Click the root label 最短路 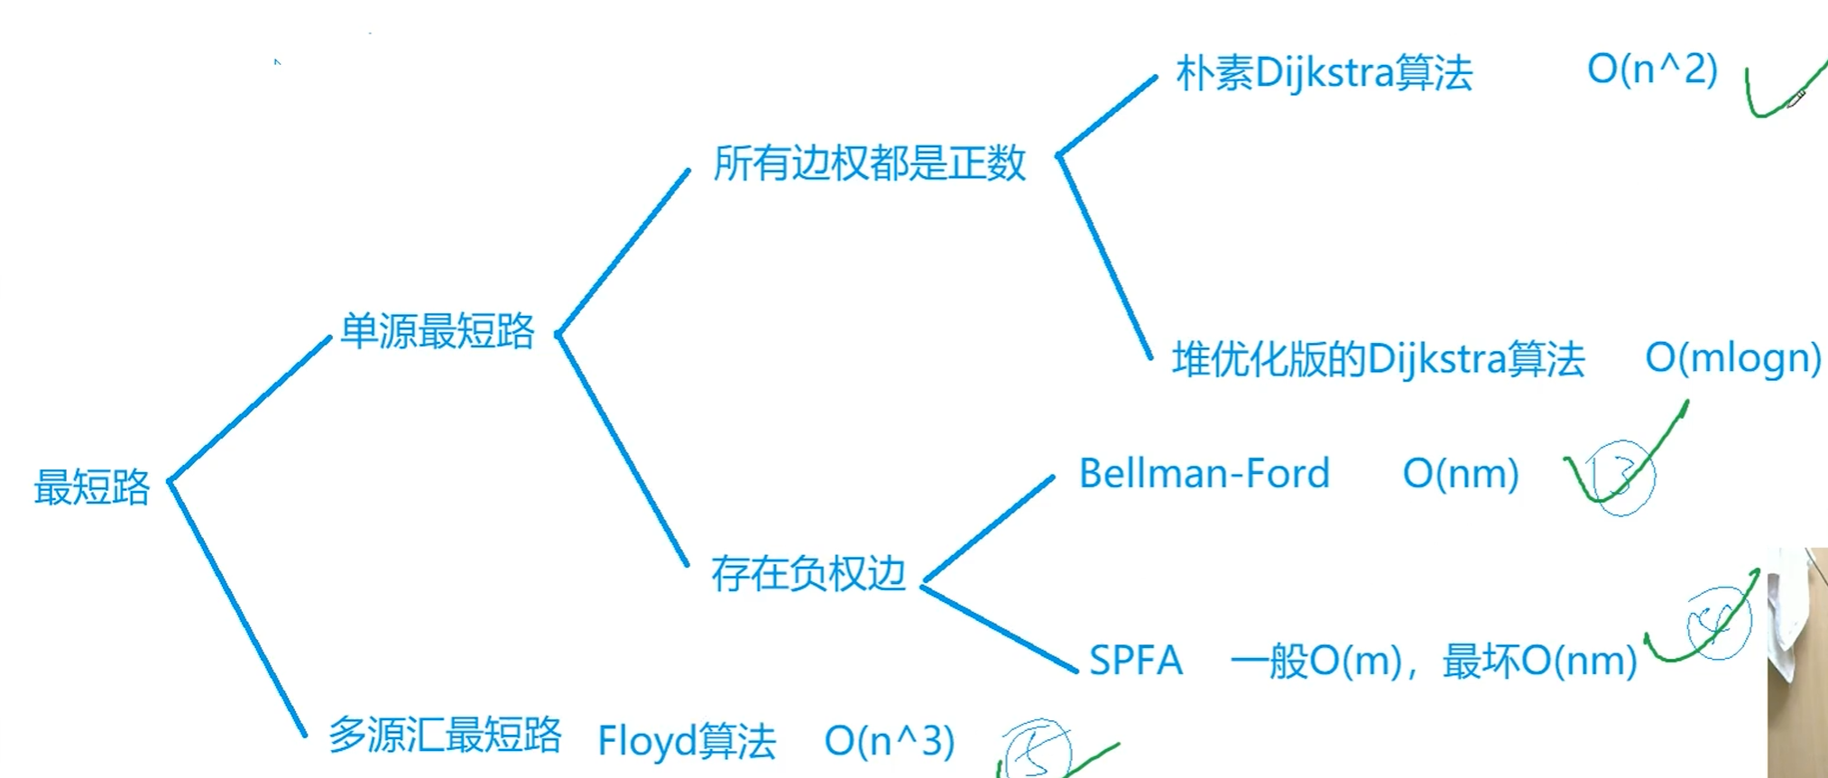point(92,487)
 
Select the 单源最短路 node point(438,331)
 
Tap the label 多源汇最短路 point(445,735)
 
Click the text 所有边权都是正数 point(869,163)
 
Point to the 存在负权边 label point(808,573)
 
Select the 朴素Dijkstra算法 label point(1324,72)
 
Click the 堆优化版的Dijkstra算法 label point(1378,359)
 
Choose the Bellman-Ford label point(1205,474)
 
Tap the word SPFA point(1135,661)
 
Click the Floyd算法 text point(687,741)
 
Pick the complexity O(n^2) point(1652,69)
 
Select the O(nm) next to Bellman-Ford point(1461,474)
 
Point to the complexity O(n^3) point(889,741)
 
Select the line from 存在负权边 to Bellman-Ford point(989,529)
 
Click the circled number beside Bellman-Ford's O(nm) point(1621,478)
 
